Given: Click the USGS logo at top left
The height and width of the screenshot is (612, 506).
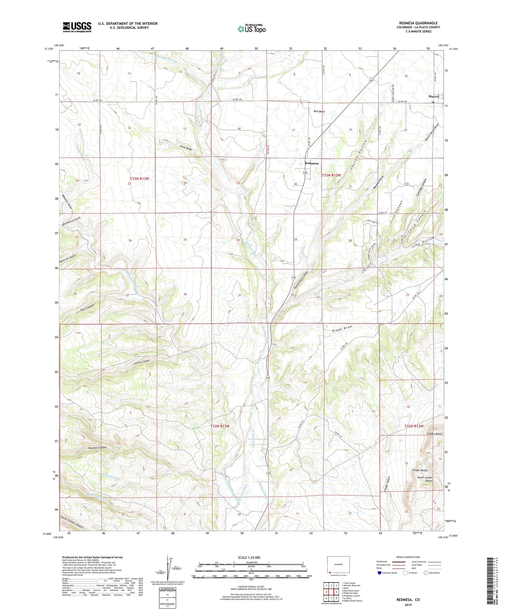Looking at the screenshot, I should click(77, 27).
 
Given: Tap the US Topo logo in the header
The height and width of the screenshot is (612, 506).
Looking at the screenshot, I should click(251, 29).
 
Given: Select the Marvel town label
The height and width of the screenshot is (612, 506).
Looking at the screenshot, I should click(434, 96).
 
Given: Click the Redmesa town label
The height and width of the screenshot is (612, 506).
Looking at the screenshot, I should click(311, 163).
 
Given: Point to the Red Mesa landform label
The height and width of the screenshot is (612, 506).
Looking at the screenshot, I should click(319, 111).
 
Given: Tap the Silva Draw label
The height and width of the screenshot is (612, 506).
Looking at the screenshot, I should click(186, 148).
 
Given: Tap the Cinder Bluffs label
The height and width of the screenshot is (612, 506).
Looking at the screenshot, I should click(420, 470).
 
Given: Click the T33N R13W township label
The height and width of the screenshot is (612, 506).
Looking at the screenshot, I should click(139, 179).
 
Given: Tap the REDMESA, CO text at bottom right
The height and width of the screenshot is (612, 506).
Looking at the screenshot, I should click(408, 600).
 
